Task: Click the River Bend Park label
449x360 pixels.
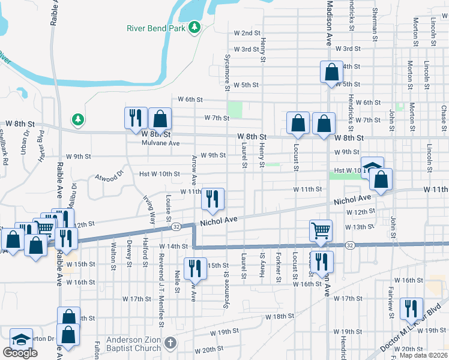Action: tap(156, 28)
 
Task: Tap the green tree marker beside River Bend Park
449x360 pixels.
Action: tap(194, 28)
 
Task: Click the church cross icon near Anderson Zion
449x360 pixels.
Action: tap(170, 343)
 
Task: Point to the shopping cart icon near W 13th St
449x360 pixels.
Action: tap(321, 230)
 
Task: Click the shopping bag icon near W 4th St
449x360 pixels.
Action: tap(331, 73)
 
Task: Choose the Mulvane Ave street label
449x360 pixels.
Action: tap(161, 143)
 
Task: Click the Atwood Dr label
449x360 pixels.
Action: tap(109, 176)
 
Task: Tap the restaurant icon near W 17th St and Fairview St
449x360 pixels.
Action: tap(411, 308)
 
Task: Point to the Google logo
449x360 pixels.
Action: tap(20, 353)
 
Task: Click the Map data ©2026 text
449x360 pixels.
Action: tap(424, 355)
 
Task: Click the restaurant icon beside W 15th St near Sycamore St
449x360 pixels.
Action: tap(194, 268)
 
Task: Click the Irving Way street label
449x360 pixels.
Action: tap(149, 210)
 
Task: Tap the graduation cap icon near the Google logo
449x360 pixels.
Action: tap(20, 340)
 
